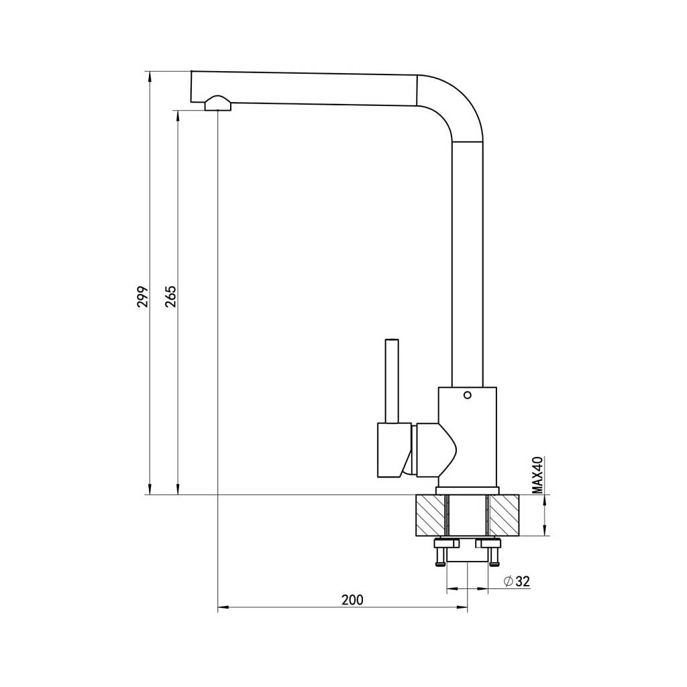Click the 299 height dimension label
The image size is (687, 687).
[x=143, y=297]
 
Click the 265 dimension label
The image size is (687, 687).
[x=170, y=297]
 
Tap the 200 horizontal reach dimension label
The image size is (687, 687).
[x=352, y=599]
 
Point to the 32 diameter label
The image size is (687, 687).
[x=523, y=582]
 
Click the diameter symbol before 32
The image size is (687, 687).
[x=509, y=582]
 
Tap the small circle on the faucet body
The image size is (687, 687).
[x=468, y=395]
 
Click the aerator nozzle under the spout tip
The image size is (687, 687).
[x=218, y=103]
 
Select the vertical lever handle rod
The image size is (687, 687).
[x=392, y=381]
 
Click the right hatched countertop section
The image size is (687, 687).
[x=504, y=515]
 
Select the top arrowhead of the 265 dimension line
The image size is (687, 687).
[x=178, y=115]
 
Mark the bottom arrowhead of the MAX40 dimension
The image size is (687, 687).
[x=544, y=531]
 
